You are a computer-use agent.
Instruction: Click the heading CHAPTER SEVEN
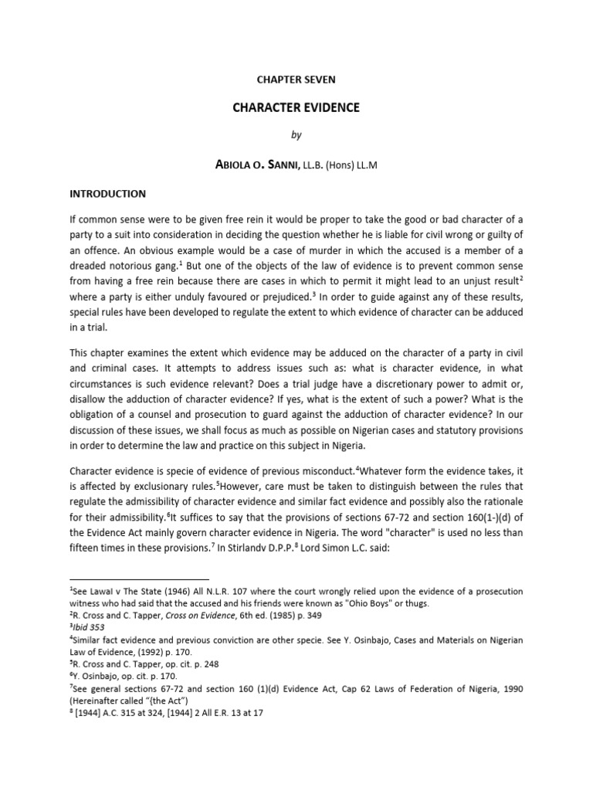(296, 80)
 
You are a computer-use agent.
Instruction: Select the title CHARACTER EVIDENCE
(296, 107)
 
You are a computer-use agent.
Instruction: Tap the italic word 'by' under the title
(296, 135)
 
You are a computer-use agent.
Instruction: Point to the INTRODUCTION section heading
(107, 193)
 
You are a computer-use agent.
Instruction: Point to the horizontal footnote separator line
(139, 579)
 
